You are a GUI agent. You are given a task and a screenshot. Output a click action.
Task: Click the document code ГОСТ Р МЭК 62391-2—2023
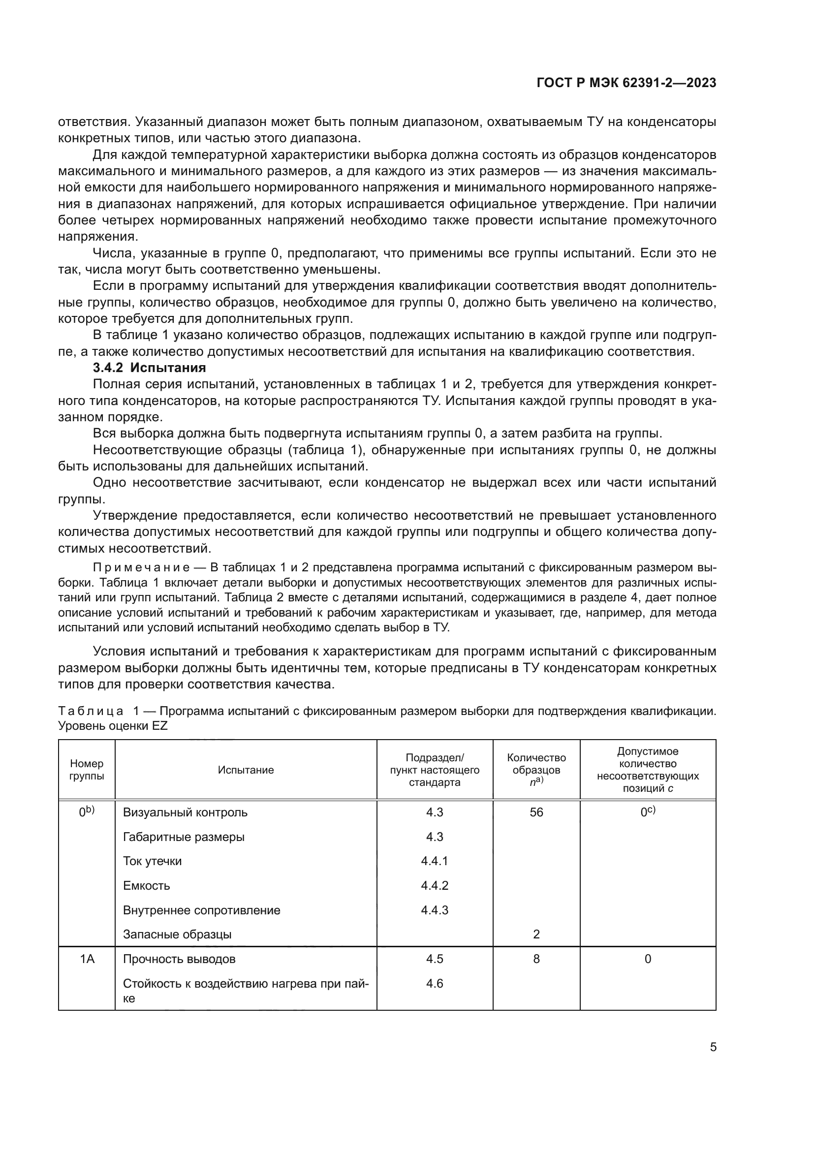(x=626, y=83)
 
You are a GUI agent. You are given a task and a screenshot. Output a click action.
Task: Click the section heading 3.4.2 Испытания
(x=150, y=368)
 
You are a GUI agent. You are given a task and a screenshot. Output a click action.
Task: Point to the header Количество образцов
(x=536, y=764)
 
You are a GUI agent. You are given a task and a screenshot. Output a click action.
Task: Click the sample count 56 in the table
(x=536, y=812)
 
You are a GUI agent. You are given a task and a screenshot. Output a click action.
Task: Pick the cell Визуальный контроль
(x=185, y=812)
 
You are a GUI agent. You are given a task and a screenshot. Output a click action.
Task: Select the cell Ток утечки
(x=153, y=861)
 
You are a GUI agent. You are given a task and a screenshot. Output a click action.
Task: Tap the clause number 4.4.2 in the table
(x=435, y=885)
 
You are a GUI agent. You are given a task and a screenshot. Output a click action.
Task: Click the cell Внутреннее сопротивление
(x=201, y=910)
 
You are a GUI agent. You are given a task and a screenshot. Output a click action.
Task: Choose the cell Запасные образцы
(x=178, y=934)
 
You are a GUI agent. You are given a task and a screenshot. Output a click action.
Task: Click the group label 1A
(x=87, y=959)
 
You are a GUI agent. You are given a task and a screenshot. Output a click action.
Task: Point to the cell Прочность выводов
(x=179, y=959)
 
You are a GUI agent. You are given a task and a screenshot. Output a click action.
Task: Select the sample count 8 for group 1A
(x=536, y=959)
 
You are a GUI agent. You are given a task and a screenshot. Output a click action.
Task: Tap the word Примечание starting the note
(x=141, y=567)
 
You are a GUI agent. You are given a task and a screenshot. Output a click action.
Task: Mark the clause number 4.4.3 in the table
(x=435, y=910)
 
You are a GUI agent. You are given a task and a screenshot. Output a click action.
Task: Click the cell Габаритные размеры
(x=184, y=837)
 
